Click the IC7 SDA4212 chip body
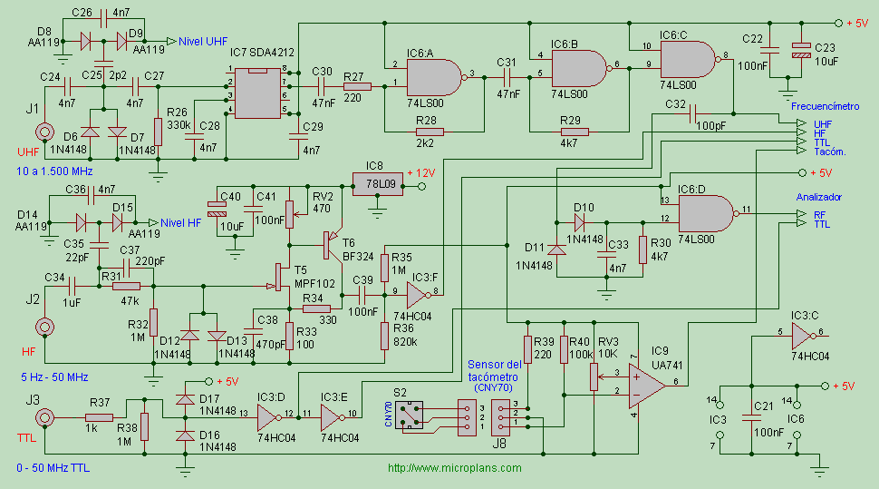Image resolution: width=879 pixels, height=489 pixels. coord(258,91)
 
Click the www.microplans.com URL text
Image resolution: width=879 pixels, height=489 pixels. coord(455,468)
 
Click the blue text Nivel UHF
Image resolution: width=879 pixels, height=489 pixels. coord(203,41)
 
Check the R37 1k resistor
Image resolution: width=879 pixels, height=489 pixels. coord(101,416)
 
